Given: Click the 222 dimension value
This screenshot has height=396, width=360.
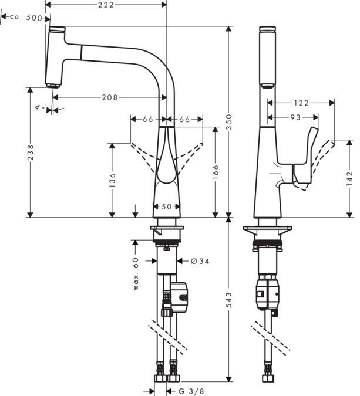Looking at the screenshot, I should coord(106,5).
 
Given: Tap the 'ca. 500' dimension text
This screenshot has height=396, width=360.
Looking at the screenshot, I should coord(27,18).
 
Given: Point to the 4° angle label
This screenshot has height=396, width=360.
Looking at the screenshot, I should coord(39,107).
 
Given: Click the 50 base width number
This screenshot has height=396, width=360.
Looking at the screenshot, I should coord(167,207).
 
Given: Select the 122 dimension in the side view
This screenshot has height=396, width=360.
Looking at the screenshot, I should coord(301,103).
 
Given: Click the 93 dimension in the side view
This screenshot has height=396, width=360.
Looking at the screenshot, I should coord(295,117).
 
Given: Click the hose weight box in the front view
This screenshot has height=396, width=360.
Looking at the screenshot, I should coord(179,297).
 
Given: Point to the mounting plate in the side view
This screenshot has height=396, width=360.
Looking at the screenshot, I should coord(267,229).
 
